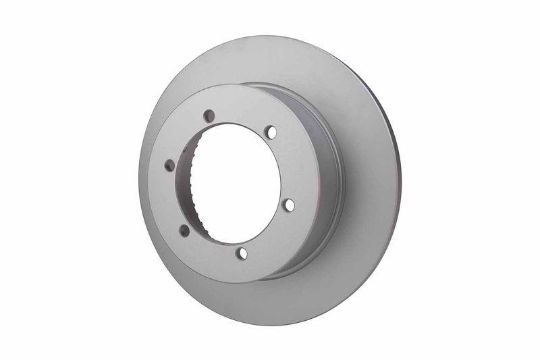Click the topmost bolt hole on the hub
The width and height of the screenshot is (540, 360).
209,115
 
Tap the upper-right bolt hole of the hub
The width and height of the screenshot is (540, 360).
271,132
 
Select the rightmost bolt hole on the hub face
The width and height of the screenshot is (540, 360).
288,204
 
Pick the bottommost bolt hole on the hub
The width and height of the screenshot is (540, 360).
242,254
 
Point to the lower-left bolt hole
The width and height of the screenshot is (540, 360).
184,230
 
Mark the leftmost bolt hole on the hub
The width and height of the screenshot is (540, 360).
169,165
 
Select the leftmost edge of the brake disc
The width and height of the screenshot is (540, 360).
138,182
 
